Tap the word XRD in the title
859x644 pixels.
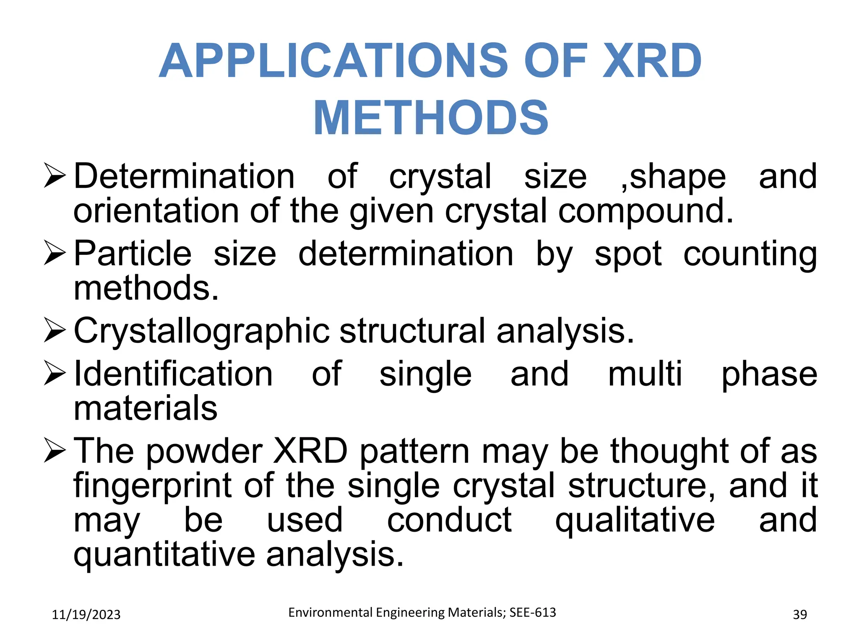pyautogui.click(x=652, y=61)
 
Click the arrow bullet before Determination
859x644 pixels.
pyautogui.click(x=55, y=177)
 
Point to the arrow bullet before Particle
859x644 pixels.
pyautogui.click(x=55, y=254)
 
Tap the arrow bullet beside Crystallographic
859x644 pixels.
pyautogui.click(x=55, y=331)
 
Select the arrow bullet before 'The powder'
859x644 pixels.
pyautogui.click(x=55, y=451)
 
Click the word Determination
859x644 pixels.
pyautogui.click(x=184, y=177)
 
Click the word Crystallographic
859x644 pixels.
pyautogui.click(x=201, y=332)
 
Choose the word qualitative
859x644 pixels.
pyautogui.click(x=635, y=521)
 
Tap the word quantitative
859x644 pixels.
pyautogui.click(x=164, y=555)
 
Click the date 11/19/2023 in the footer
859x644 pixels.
pyautogui.click(x=86, y=615)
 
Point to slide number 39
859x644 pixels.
pyautogui.click(x=800, y=615)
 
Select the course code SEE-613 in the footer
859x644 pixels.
pyautogui.click(x=533, y=613)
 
